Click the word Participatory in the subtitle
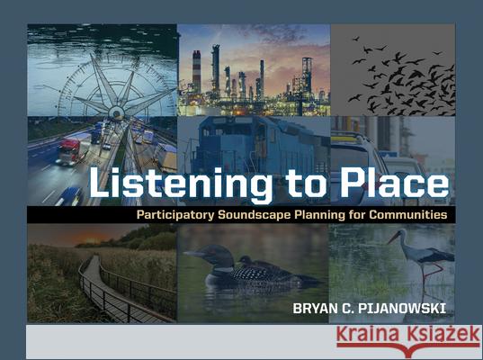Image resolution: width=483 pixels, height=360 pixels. point(176,216)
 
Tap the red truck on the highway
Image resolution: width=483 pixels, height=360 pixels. point(69,151)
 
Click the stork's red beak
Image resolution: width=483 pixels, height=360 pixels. point(394,238)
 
